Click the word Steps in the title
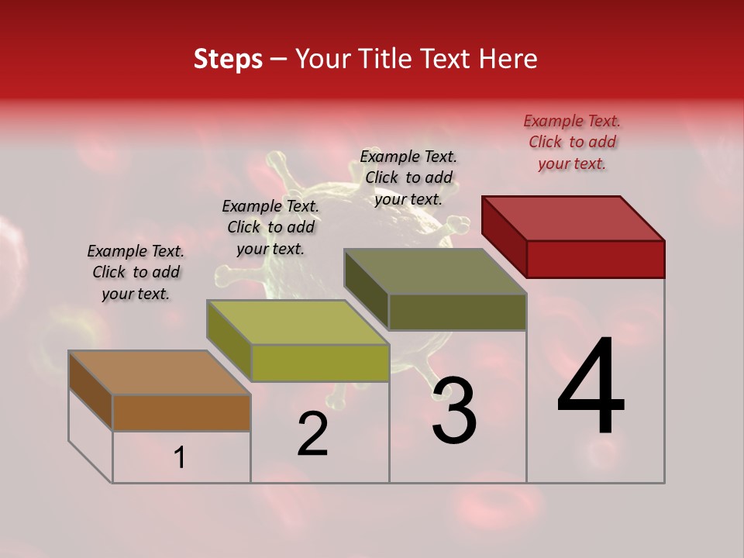click(228, 59)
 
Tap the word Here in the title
click(506, 59)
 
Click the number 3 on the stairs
click(454, 412)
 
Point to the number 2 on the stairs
click(312, 434)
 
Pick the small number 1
click(180, 458)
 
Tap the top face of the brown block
click(160, 373)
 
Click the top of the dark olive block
click(436, 271)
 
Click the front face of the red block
click(595, 259)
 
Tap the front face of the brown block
click(181, 412)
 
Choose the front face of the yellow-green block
click(319, 363)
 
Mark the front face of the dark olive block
click(457, 312)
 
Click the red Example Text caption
click(572, 142)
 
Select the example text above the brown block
click(136, 272)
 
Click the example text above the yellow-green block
click(270, 227)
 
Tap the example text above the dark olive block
click(408, 177)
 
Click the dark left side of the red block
click(504, 236)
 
